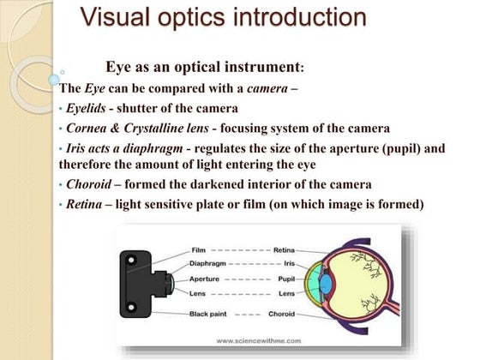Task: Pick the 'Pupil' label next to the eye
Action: click(x=289, y=279)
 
